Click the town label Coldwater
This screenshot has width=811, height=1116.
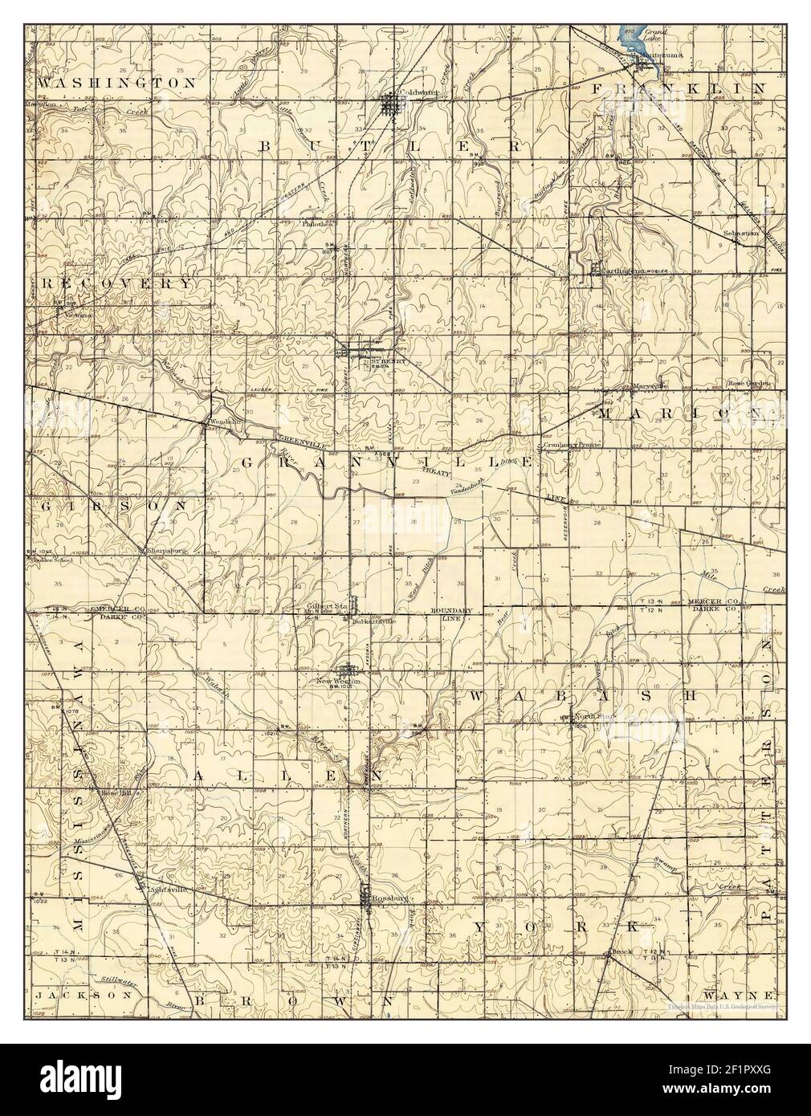click(x=422, y=93)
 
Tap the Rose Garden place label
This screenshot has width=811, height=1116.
click(x=748, y=384)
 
